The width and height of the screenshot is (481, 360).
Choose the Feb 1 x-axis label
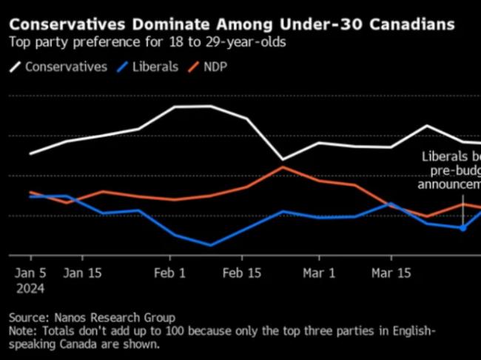coord(170,273)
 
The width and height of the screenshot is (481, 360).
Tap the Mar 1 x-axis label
coord(320,273)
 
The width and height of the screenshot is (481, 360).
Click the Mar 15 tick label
coord(391,273)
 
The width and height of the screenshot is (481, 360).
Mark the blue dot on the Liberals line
coord(462,228)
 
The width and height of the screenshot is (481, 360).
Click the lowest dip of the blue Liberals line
coord(210,244)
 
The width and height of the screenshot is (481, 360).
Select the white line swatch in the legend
coord(15,67)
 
